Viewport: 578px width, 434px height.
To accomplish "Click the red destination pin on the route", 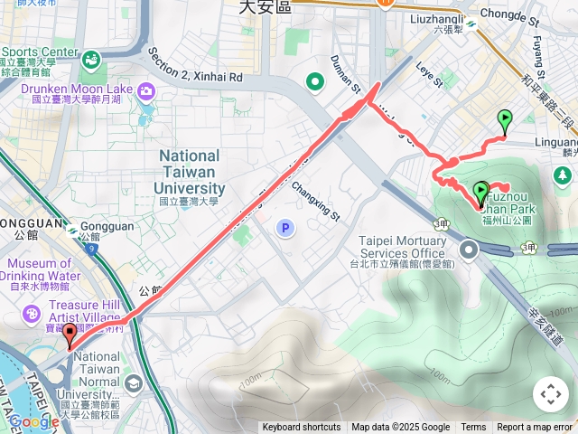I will click(x=70, y=335).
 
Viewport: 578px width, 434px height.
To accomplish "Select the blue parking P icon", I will click(x=284, y=228).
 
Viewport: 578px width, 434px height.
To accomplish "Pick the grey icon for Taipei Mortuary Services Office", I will click(x=469, y=250).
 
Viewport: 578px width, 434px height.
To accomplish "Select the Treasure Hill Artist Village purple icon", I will click(x=32, y=313).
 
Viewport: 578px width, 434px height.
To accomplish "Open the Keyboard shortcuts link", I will click(x=303, y=428).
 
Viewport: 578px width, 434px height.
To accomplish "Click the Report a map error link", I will click(x=535, y=428).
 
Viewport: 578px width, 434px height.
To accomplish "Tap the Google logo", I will click(x=33, y=421).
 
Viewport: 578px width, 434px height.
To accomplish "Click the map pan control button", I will click(x=551, y=394).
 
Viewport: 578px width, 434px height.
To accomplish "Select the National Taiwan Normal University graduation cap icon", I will click(x=134, y=383).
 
